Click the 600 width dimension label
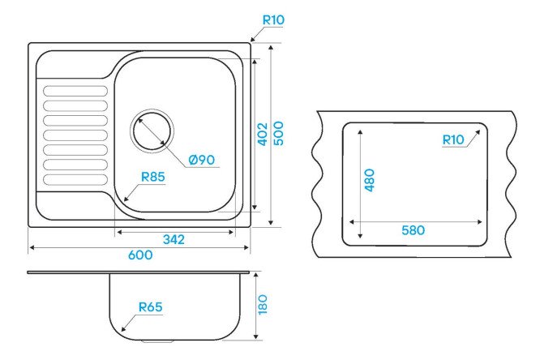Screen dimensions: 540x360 tap(140, 255)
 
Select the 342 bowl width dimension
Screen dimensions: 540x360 tap(174, 239)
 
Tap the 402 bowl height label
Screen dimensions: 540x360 tap(263, 134)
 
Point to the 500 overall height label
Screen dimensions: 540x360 tap(278, 133)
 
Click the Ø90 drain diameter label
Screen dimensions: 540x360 tap(202, 160)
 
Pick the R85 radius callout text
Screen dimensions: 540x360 tap(153, 177)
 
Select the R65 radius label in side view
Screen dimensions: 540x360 tap(150, 306)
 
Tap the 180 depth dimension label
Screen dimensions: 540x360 tap(263, 304)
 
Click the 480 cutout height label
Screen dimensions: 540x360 tap(370, 180)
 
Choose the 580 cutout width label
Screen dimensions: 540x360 tap(414, 230)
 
